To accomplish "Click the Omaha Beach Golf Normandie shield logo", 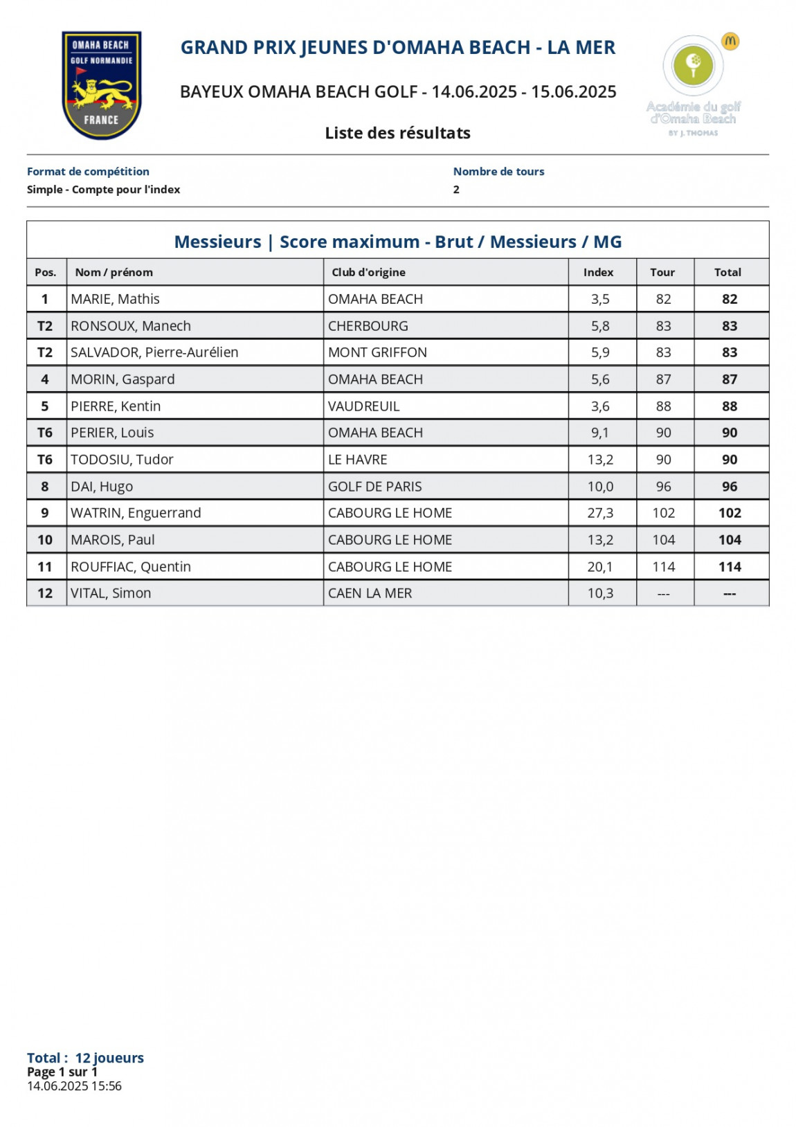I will tap(102, 84).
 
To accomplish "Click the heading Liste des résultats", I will tap(397, 133).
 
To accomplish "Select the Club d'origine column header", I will tap(368, 272).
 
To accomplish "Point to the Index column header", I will tap(598, 272).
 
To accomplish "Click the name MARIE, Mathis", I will tap(115, 299).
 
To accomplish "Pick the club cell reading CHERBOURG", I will tap(368, 326).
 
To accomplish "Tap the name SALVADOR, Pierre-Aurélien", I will tap(154, 352).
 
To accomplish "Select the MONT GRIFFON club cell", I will tap(377, 352).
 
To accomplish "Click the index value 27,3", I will tap(600, 513).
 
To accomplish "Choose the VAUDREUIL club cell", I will tap(363, 406).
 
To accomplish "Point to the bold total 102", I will tap(730, 513).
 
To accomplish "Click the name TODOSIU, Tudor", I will tap(122, 460).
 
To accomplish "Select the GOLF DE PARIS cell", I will tap(374, 487).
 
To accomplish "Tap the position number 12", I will tap(45, 593).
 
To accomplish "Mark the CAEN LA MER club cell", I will tap(370, 593).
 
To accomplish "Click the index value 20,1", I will tap(600, 567).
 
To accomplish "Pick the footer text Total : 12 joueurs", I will tap(85, 1058).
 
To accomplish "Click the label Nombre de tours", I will tap(498, 172).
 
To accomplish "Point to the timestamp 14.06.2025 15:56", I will tap(74, 1086).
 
